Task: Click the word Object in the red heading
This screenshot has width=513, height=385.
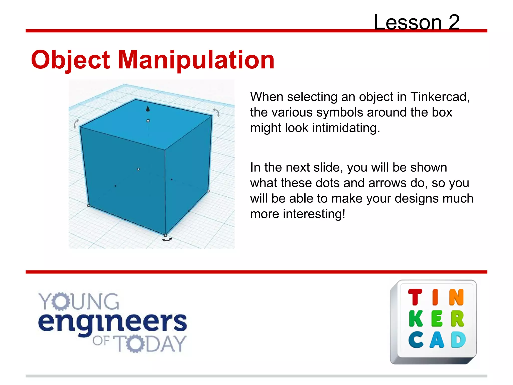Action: tap(70, 60)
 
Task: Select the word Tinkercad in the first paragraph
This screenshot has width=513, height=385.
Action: tap(440, 97)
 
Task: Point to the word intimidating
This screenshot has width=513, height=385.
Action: tap(346, 128)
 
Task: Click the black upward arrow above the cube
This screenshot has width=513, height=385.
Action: tap(148, 109)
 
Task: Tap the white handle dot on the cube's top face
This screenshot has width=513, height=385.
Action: tap(148, 121)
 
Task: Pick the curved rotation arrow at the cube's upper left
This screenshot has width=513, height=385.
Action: tap(76, 124)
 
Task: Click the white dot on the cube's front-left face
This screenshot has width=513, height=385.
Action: tap(138, 169)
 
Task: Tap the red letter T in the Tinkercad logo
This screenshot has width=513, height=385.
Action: tap(415, 297)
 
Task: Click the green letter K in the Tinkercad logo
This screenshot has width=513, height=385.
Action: tap(416, 319)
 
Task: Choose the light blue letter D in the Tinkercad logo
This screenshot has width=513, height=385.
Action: tap(458, 340)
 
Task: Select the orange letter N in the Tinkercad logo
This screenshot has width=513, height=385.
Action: tap(456, 297)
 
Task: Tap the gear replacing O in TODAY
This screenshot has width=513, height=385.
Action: tap(135, 344)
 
